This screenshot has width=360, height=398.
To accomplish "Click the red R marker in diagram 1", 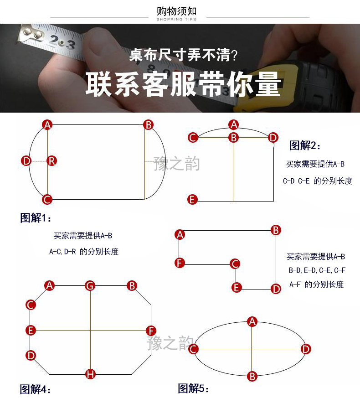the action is [52, 161].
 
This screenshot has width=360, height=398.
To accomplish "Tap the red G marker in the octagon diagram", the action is [90, 286].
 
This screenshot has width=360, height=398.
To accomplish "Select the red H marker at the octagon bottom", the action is [90, 374].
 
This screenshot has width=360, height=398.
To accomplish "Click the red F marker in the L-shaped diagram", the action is [180, 263].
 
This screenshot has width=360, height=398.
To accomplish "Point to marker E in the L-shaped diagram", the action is [237, 288].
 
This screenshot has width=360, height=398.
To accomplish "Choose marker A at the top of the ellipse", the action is [252, 321].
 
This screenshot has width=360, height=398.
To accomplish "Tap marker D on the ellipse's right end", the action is [306, 349].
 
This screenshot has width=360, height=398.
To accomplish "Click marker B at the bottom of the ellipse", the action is [252, 377].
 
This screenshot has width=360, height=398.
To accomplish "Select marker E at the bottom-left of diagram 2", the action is [192, 200].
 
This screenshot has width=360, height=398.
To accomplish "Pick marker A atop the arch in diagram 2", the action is [234, 125].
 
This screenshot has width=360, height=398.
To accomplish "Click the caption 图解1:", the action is [36, 218].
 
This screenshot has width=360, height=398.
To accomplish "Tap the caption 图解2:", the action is [305, 145].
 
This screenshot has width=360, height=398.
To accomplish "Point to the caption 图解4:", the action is [35, 389].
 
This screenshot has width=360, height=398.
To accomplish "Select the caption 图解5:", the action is [193, 388].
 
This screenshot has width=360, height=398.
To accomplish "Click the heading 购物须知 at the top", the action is [176, 11].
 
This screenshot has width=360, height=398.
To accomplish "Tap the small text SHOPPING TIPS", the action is [176, 19].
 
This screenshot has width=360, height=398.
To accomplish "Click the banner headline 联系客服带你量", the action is [183, 84].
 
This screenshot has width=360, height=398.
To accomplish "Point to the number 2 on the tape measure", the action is [54, 40].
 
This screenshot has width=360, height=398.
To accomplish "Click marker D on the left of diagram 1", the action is [26, 161].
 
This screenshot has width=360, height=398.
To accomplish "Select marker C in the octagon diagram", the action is [31, 305].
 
